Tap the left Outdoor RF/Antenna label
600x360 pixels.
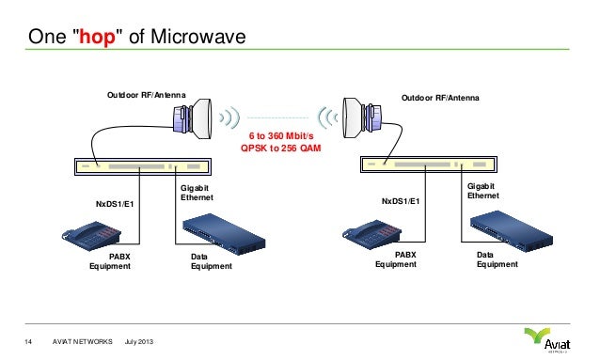coord(146,96)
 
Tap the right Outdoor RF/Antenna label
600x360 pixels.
coord(440,97)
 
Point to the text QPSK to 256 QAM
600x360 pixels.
coord(280,149)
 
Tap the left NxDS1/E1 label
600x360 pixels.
coord(116,202)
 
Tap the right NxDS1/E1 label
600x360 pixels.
coord(401,201)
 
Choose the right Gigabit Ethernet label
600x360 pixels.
coord(482,192)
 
